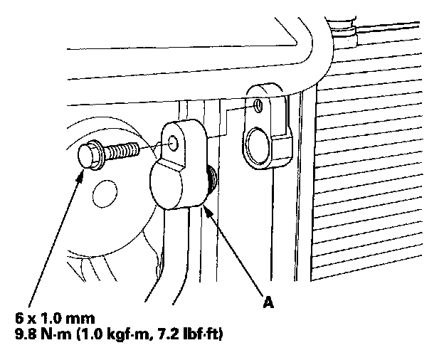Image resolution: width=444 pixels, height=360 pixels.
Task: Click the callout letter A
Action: (268, 303)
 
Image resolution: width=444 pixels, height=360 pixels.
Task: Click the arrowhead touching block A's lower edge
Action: (206, 208)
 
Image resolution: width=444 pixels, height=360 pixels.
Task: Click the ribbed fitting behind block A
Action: (211, 177)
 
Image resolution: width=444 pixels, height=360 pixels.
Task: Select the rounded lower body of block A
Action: (177, 186)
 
